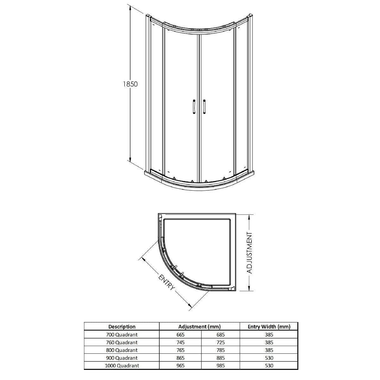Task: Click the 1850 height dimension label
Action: (x=130, y=84)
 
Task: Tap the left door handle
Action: (x=194, y=107)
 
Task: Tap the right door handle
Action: (x=204, y=107)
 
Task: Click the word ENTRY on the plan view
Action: (x=167, y=282)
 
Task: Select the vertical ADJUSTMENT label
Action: (x=250, y=253)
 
